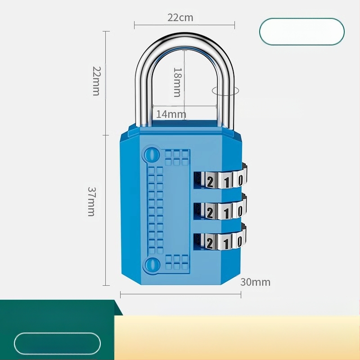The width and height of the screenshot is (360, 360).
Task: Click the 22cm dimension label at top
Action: click(180, 18)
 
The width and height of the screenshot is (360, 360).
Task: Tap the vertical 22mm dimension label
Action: click(96, 81)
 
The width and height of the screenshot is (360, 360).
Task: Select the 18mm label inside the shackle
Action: click(177, 82)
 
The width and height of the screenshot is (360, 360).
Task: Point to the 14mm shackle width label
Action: click(171, 114)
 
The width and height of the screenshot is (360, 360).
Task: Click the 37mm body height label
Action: click(91, 201)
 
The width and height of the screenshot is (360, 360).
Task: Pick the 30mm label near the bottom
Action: click(255, 282)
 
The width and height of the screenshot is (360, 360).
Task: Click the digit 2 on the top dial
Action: click(210, 181)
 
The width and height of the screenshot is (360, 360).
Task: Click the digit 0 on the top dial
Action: click(241, 181)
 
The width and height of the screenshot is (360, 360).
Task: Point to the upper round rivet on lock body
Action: click(151, 155)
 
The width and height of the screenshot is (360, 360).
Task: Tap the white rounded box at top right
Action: click(301, 31)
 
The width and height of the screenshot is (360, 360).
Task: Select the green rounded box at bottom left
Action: click(57, 344)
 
